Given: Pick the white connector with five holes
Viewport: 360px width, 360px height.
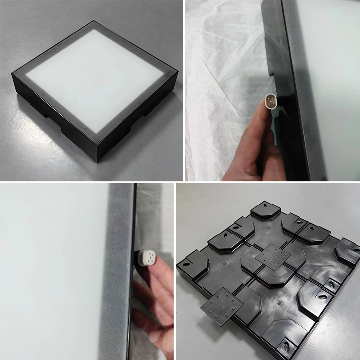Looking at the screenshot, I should [145, 259].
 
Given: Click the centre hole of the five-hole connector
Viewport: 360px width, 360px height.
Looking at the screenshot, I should [145, 259].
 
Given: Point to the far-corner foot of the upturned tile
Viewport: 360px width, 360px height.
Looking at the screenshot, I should [265, 209].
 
